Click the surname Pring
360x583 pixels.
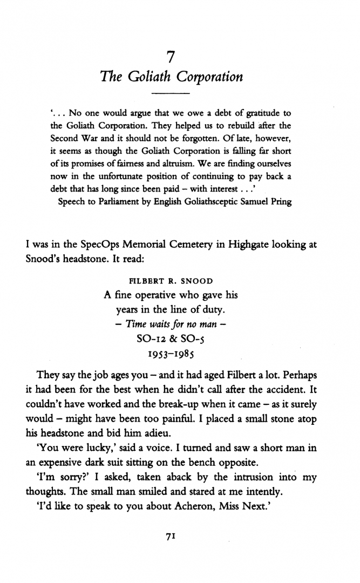pyautogui.click(x=277, y=202)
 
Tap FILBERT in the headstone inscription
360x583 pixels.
pyautogui.click(x=143, y=281)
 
